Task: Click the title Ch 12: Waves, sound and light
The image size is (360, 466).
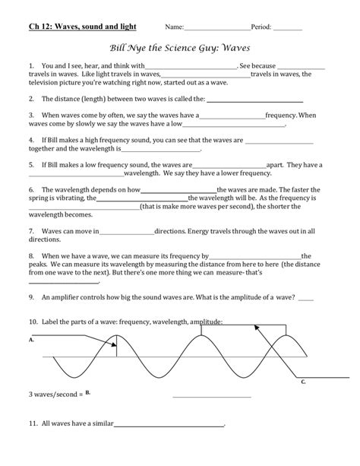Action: point(82,27)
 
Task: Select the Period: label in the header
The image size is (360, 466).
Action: point(261,27)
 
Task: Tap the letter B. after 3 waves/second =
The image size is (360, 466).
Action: point(88,393)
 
